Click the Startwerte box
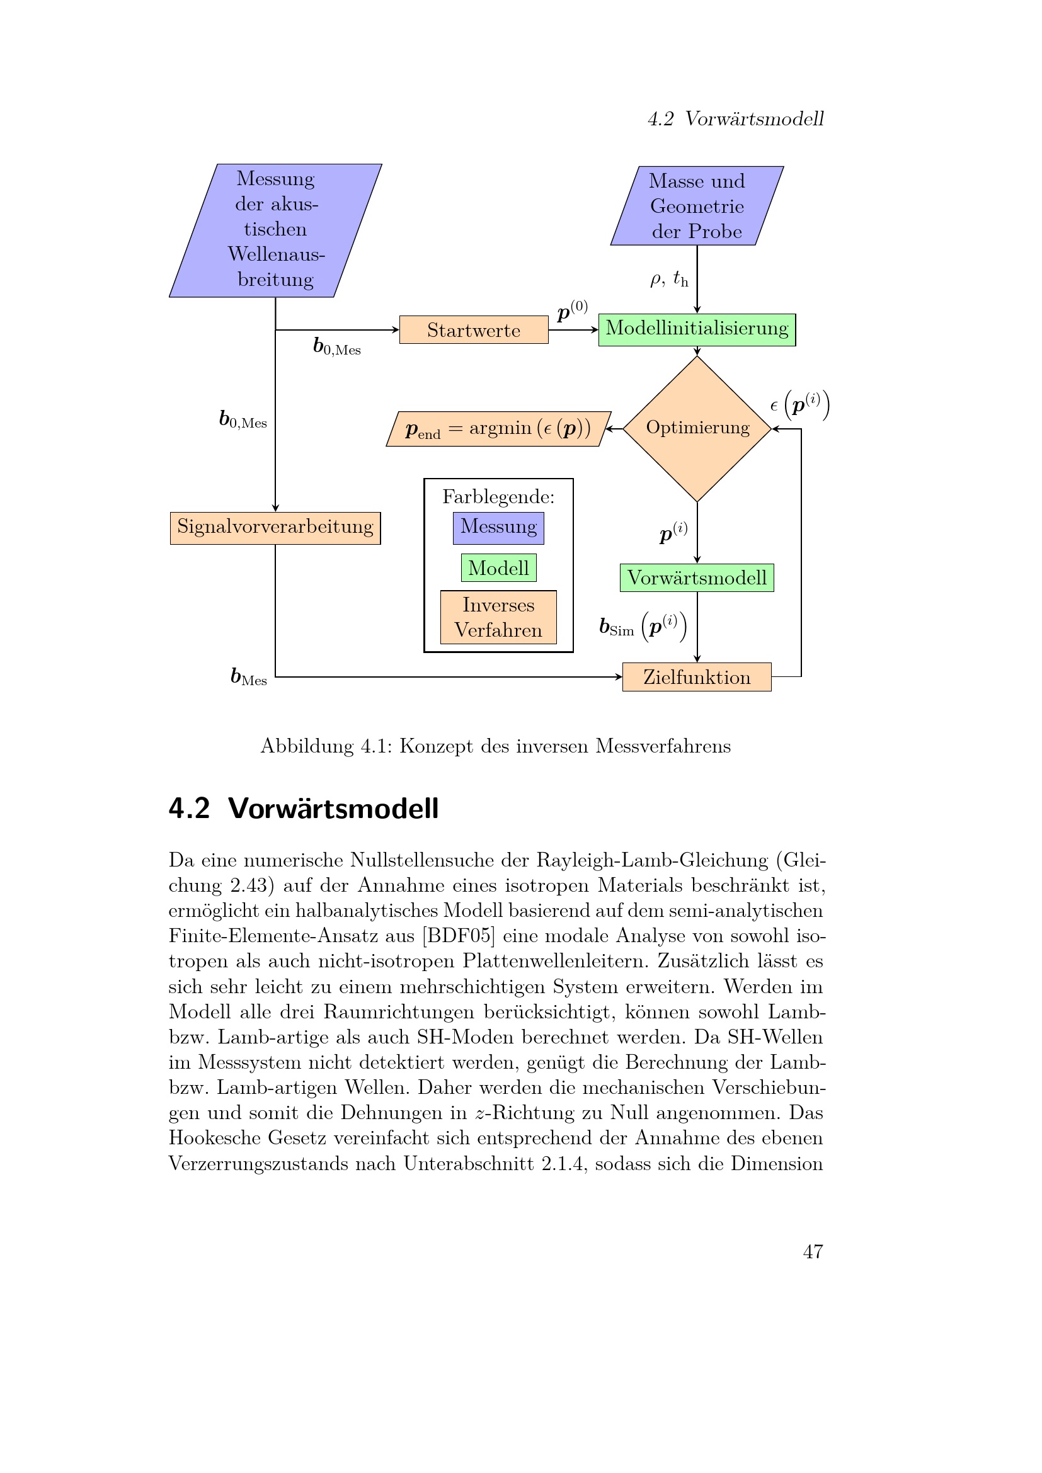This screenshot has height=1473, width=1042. [x=474, y=330]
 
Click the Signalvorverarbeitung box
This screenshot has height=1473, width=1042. [x=275, y=527]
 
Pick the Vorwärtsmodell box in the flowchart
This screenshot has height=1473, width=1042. [x=697, y=577]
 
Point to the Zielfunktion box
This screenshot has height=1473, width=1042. [x=697, y=677]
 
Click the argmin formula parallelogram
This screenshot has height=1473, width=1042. [x=498, y=429]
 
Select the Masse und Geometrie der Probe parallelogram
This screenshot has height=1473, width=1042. [x=697, y=206]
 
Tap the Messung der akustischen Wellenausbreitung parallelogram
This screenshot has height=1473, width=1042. [x=275, y=230]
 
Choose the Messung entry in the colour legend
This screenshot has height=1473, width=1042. [x=498, y=527]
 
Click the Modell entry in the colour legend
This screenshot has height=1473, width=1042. [x=498, y=568]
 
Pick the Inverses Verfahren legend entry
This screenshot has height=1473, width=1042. [x=498, y=617]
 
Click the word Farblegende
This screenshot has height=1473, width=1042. [x=498, y=496]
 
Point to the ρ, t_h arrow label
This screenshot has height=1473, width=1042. [x=668, y=279]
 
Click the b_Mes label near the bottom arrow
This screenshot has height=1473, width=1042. [x=249, y=677]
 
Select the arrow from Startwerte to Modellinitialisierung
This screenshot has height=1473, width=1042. [x=573, y=330]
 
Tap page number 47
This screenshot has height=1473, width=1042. [x=813, y=1251]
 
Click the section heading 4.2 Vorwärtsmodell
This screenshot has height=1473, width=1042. [x=304, y=809]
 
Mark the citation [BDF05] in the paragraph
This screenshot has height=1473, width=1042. [x=458, y=935]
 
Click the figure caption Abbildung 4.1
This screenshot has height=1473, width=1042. [x=495, y=746]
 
